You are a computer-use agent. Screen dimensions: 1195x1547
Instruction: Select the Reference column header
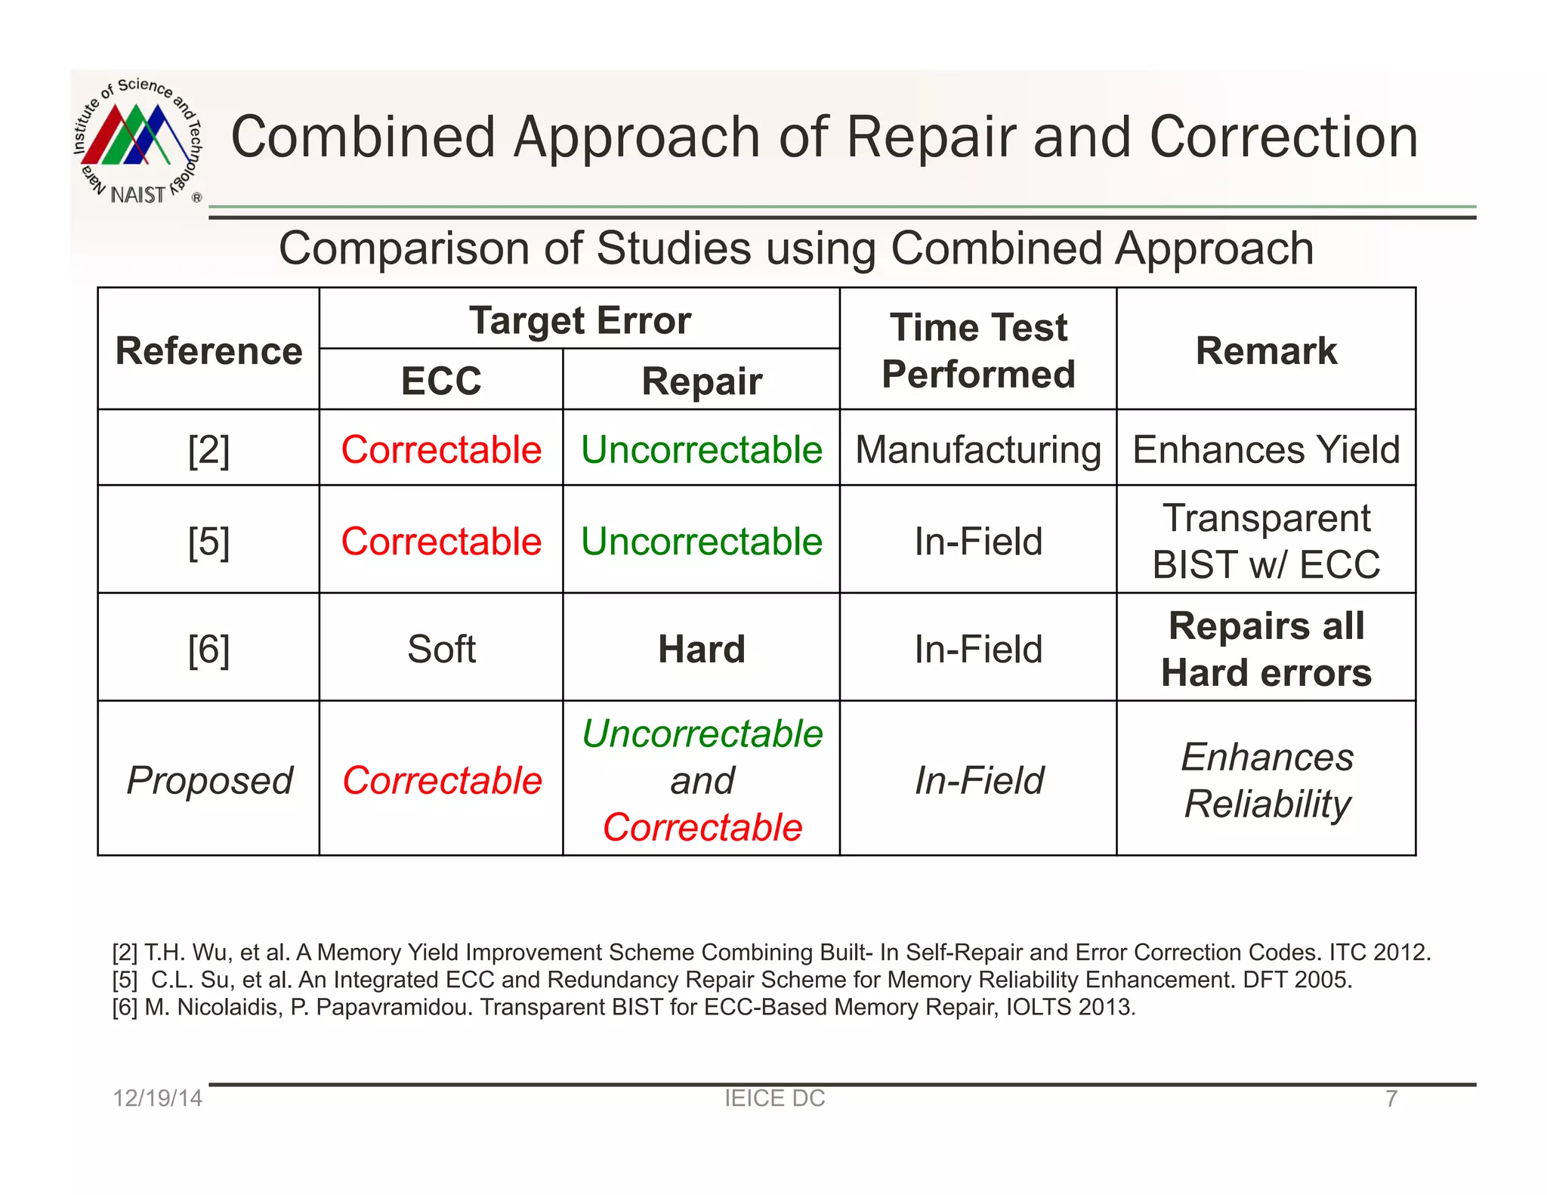point(208,350)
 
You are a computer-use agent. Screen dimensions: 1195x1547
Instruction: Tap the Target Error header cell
point(579,320)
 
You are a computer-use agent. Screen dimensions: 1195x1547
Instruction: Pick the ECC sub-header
point(441,381)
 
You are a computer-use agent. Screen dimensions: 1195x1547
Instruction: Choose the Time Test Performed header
point(978,350)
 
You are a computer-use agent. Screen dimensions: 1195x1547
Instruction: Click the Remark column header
point(1266,350)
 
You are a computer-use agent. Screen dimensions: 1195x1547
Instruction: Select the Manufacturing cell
point(978,449)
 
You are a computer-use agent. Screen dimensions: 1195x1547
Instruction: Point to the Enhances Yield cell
point(1266,449)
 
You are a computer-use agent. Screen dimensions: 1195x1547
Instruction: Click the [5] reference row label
point(208,542)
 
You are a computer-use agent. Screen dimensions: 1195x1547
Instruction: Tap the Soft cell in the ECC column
point(441,649)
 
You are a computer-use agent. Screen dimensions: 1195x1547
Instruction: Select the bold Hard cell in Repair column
point(702,649)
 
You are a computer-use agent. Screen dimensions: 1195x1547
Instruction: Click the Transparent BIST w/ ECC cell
point(1266,541)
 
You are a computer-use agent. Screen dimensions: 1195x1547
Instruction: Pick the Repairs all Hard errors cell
point(1266,649)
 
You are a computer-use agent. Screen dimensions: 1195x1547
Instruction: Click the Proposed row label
point(209,780)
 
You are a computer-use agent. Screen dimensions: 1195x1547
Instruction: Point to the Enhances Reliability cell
point(1267,780)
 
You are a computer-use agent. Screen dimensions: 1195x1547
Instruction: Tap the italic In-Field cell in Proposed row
point(979,780)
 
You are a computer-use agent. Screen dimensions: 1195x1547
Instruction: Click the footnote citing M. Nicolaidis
point(624,1007)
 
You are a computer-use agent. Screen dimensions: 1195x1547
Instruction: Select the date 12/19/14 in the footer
point(157,1098)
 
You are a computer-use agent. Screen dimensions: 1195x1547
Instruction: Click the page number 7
point(1391,1098)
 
